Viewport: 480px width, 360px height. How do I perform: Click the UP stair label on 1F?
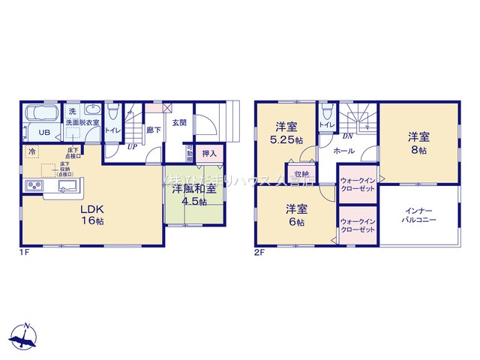(131, 147)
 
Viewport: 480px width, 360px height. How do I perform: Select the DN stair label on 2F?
(347, 136)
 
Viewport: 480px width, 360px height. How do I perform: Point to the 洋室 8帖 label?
(418, 143)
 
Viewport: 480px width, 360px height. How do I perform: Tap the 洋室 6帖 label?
(295, 215)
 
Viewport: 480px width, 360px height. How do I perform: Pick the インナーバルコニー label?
(418, 215)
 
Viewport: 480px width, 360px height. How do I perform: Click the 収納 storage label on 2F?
(301, 174)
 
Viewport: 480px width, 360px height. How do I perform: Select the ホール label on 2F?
(343, 151)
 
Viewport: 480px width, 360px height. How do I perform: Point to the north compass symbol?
(26, 335)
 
